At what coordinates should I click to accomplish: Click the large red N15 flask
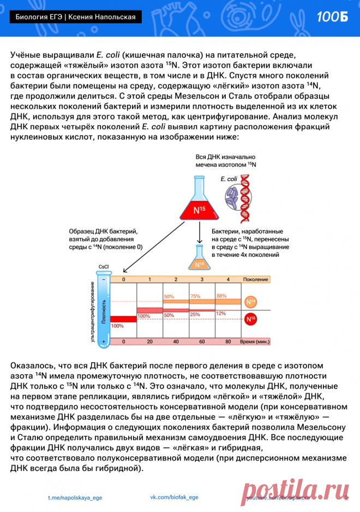coord(198,204)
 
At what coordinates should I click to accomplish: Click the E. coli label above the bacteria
coord(229,179)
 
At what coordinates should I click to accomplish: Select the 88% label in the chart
coord(221,296)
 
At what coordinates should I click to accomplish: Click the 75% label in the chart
coord(195,296)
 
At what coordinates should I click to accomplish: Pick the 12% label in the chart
coord(221,314)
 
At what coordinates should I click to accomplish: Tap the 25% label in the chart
coord(195,315)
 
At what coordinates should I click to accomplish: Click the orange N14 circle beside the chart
coord(250,302)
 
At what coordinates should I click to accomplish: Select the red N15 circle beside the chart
coord(250,320)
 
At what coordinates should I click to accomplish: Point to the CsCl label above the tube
coord(103,267)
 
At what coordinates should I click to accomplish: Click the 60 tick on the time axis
coord(202,341)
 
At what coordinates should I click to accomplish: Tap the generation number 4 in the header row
coord(228,279)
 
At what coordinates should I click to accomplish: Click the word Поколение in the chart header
coord(256,279)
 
